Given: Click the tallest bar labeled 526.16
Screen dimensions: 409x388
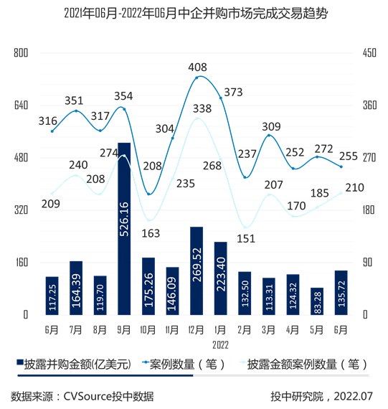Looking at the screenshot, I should point(124,228).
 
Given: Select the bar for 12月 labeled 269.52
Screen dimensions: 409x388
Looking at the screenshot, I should point(197,271).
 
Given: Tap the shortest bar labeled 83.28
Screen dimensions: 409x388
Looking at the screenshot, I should point(318,301).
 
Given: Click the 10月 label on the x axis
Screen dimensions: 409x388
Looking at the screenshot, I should point(148,330).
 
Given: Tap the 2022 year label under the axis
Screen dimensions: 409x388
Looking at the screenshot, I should point(221,344).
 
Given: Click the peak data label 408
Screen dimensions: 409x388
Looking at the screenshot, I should point(197,67).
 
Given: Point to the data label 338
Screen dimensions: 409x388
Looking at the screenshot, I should point(202,108).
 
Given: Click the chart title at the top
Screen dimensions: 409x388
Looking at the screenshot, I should point(194,13).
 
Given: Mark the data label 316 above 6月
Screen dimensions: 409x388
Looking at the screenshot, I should point(48,120).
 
